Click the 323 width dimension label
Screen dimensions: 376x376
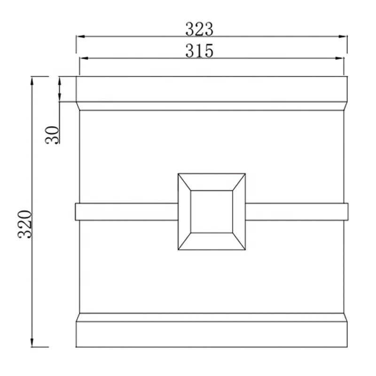click(199, 29)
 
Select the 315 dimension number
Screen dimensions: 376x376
click(199, 50)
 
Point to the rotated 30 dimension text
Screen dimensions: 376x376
click(53, 134)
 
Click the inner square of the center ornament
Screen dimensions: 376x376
click(211, 211)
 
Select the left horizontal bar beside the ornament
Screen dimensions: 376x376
click(126, 211)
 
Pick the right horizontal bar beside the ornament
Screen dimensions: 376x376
click(297, 211)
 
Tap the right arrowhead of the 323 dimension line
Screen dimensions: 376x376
click(343, 37)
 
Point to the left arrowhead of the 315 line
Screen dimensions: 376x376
click(83, 58)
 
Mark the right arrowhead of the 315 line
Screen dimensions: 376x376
click(340, 58)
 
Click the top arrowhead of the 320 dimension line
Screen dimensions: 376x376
click(32, 80)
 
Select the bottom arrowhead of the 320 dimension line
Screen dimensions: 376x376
click(32, 343)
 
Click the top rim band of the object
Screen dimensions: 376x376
click(211, 89)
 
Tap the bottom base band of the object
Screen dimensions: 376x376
click(211, 334)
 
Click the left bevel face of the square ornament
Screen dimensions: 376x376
click(184, 211)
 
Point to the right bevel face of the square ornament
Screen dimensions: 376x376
click(239, 211)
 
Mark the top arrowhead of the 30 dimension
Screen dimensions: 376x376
click(60, 81)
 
